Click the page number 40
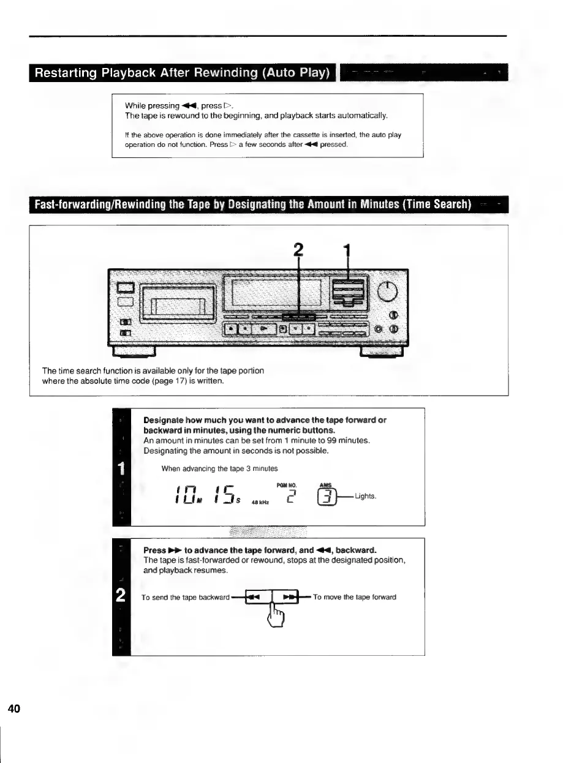coord(14,709)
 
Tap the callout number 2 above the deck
coord(298,250)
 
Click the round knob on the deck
coord(388,292)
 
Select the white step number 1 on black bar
coord(121,469)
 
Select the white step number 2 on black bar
coord(121,595)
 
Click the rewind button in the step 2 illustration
coord(254,596)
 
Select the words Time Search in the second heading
coord(437,204)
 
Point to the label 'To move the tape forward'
coord(354,597)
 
